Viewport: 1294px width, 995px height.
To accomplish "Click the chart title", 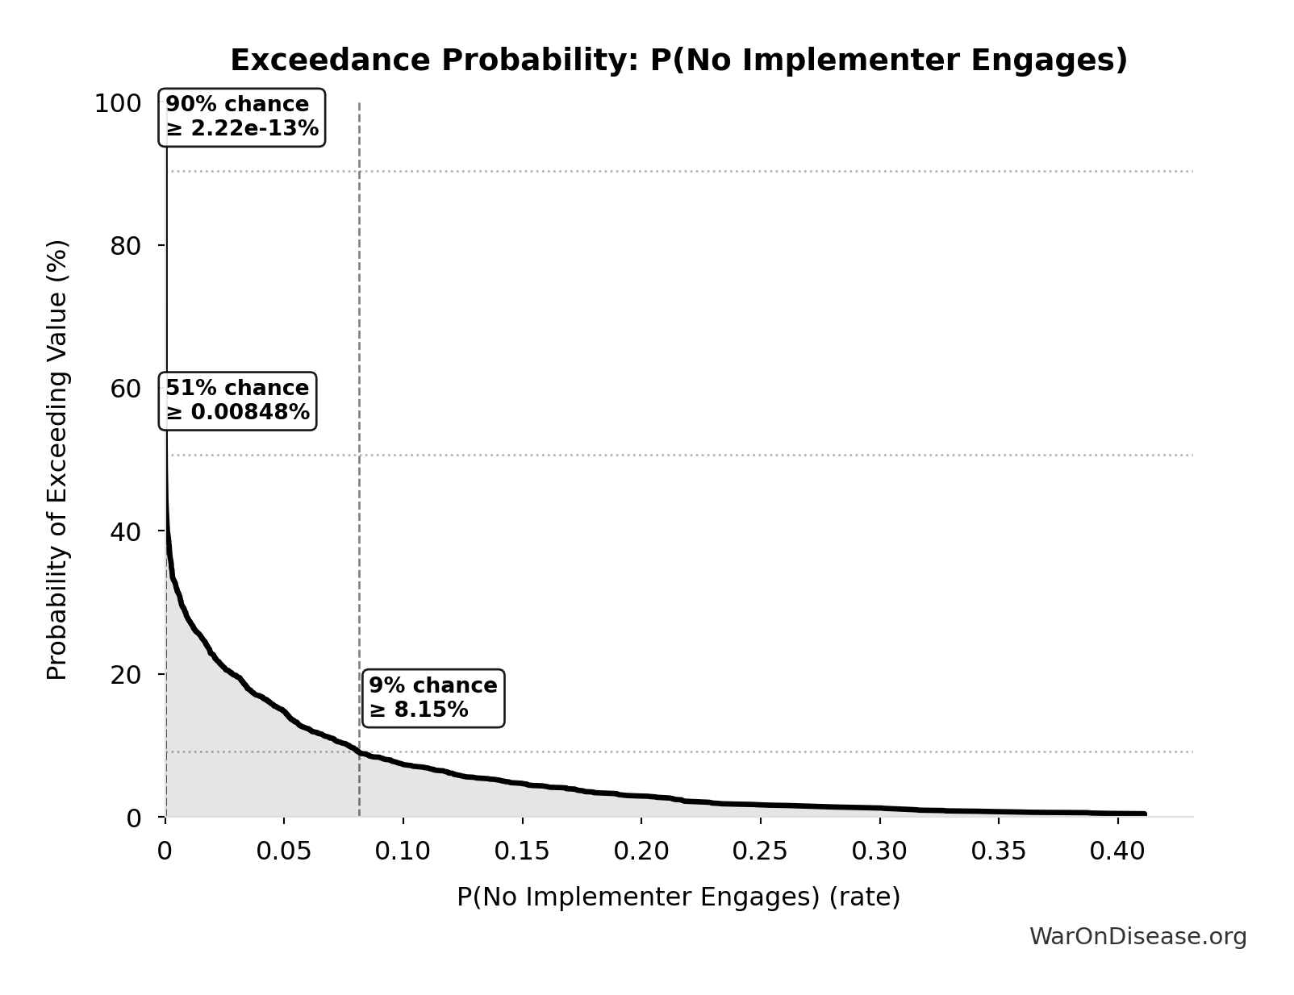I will click(x=678, y=60).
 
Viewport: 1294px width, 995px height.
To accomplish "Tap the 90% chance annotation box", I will click(x=242, y=117).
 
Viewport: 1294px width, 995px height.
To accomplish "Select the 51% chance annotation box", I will click(x=238, y=401).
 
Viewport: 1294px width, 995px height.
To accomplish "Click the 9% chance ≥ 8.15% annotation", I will click(x=433, y=697).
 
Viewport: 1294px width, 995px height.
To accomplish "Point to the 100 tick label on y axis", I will click(x=117, y=103).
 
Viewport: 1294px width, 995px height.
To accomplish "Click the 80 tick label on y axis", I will click(x=125, y=246).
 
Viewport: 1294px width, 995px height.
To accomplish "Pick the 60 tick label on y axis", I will click(x=125, y=389).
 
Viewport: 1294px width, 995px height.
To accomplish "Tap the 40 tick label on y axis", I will click(x=125, y=531).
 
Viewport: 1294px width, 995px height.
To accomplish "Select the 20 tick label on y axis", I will click(x=125, y=674).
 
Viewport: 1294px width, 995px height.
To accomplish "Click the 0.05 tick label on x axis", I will click(x=284, y=851).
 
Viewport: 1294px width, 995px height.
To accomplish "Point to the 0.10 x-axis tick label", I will click(x=403, y=851).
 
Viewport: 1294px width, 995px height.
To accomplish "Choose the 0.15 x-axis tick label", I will click(x=522, y=851).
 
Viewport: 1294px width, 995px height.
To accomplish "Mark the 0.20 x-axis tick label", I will click(x=641, y=851).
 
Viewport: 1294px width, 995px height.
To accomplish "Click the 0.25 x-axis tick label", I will click(x=760, y=851).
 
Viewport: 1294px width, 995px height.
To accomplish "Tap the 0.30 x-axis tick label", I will click(x=879, y=851).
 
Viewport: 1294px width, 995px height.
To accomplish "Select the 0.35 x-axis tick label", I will click(x=999, y=851).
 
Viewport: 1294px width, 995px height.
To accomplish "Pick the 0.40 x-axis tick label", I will click(x=1117, y=851).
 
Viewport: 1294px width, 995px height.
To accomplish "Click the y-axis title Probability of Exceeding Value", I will click(x=57, y=460).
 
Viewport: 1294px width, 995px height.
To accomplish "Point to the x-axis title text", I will click(x=678, y=897).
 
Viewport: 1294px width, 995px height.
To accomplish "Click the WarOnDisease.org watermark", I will click(x=1137, y=936).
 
